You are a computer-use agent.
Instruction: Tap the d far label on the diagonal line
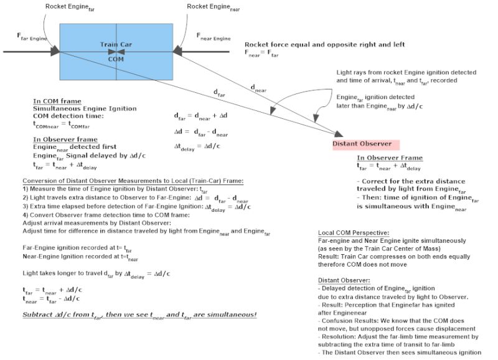click(x=219, y=93)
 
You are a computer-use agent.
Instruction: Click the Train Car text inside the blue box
click(x=116, y=44)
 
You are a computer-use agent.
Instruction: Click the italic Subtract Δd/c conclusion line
click(x=139, y=313)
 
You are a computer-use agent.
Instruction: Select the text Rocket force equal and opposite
click(x=324, y=45)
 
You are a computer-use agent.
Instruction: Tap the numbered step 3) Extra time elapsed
click(x=125, y=206)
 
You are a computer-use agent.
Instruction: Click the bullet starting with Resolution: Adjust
click(x=398, y=336)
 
